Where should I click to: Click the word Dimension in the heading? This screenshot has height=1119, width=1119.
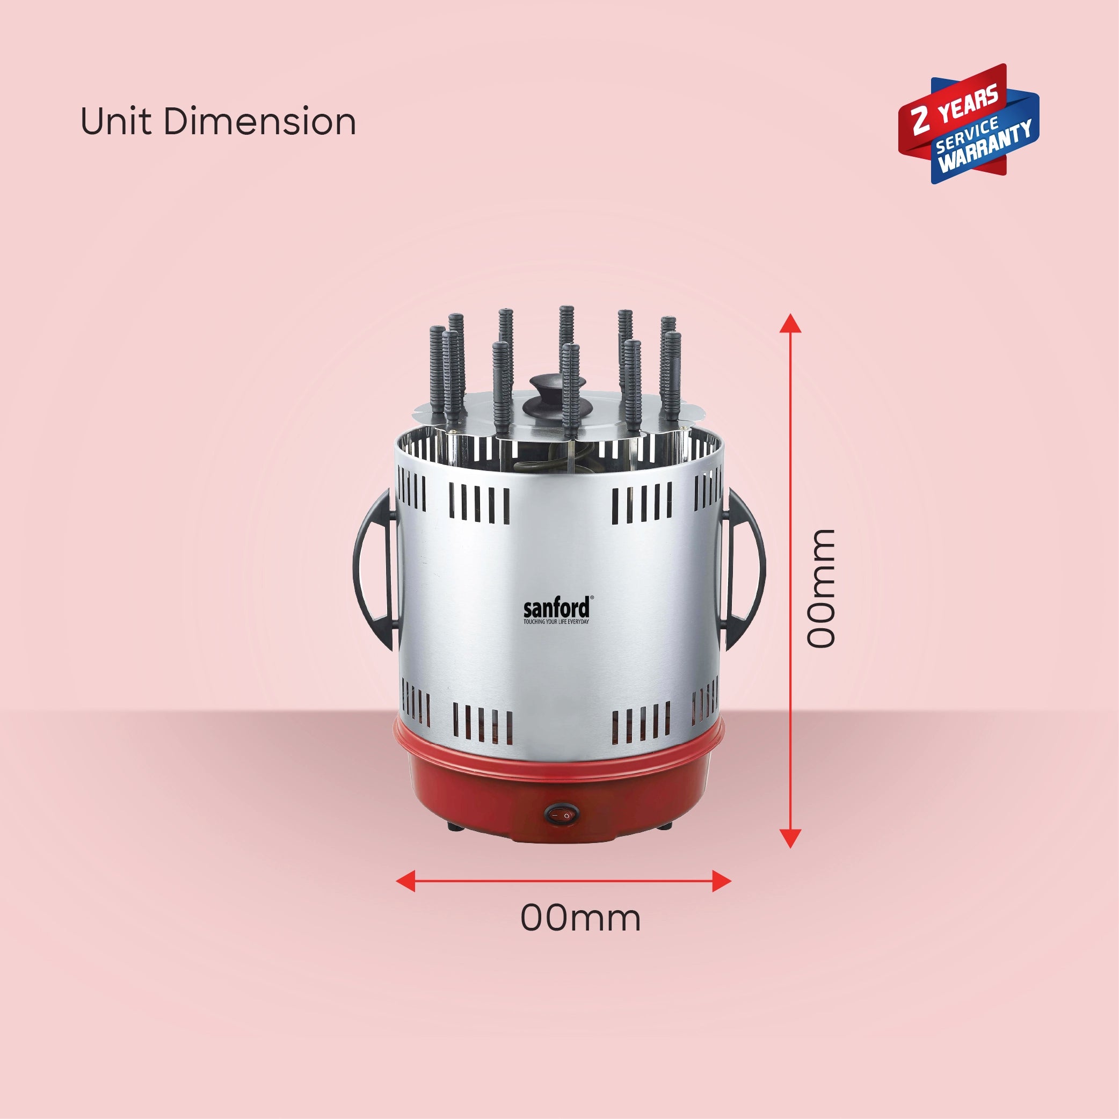[259, 122]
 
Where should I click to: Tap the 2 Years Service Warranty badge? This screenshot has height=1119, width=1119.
[969, 123]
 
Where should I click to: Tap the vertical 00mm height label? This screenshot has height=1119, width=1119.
[822, 588]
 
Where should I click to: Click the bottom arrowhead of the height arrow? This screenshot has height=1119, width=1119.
[790, 839]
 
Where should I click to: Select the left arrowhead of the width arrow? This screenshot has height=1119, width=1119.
[405, 881]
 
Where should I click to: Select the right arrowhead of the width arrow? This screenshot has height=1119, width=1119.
[722, 881]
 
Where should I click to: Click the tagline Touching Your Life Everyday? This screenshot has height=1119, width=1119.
[556, 622]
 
